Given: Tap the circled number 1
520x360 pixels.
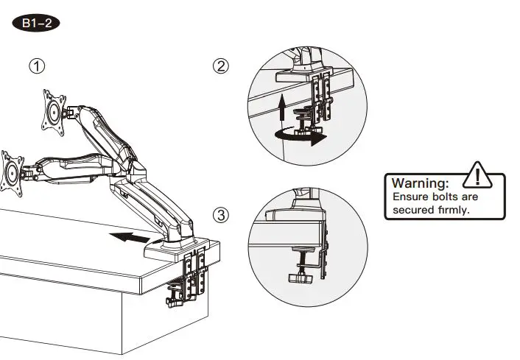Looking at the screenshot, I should (x=37, y=66).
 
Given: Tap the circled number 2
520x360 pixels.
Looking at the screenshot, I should (x=221, y=66).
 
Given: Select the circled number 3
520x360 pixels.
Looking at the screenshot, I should (x=221, y=215).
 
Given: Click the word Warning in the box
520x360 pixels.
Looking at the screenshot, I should (x=420, y=183).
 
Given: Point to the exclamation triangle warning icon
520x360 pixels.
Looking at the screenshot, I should (x=479, y=177).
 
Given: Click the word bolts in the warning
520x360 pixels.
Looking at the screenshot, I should (x=444, y=197).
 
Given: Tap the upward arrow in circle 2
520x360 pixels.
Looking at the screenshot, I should (x=284, y=110).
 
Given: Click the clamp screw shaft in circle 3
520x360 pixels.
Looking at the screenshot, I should (x=301, y=262).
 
